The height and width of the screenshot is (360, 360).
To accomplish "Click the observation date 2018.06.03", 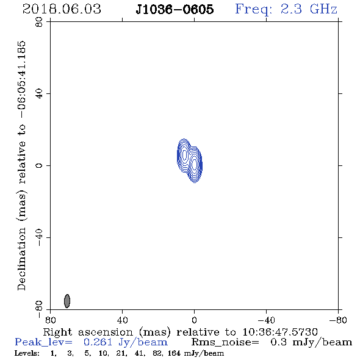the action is (62, 9).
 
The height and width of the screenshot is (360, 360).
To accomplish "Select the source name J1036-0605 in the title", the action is (175, 9).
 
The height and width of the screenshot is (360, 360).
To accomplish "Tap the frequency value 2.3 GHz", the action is (309, 9).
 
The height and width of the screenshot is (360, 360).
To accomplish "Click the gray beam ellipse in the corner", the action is (67, 301).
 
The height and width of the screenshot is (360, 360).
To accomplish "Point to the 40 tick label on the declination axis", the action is (39, 93).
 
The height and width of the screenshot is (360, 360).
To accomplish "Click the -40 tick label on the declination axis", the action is (39, 237).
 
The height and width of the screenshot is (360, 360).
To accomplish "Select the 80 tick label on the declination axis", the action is (39, 21).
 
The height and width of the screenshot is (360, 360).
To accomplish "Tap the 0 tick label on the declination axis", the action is (39, 165).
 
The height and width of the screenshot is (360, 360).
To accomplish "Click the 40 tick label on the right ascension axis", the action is (122, 320).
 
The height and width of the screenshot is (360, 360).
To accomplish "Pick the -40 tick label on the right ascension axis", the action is (266, 320).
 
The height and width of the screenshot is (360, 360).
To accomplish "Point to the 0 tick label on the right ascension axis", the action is (194, 320).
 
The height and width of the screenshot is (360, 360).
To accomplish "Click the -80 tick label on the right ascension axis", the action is (338, 320).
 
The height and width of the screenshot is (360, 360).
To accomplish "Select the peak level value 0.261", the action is (98, 342).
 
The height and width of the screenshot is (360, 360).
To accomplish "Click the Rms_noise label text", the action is (225, 342).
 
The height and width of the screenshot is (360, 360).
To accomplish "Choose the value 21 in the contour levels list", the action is (120, 353).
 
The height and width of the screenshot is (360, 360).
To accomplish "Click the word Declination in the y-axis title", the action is (21, 259).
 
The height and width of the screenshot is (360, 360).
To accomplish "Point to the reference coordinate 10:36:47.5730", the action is (280, 332).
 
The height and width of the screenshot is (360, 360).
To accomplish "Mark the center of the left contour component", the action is (184, 155).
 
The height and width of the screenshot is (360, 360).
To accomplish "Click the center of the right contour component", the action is (195, 165).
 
